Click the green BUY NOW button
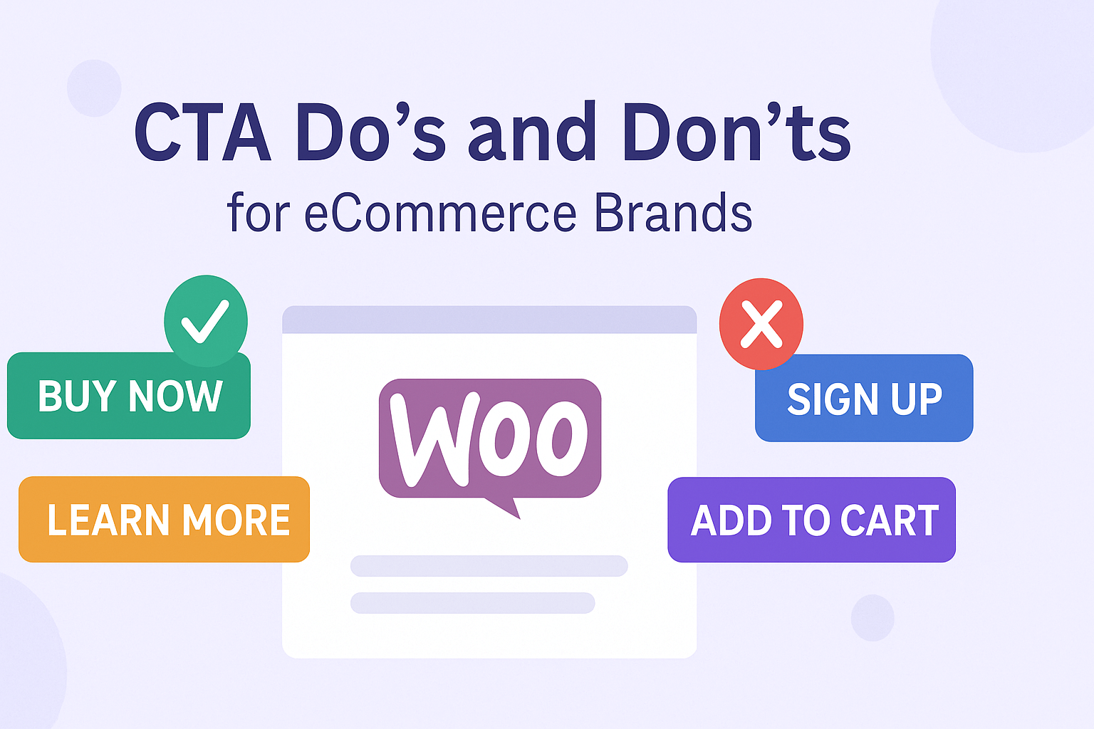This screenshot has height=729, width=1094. click(128, 396)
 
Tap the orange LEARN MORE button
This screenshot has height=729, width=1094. click(164, 520)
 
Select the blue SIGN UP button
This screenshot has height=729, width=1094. click(864, 399)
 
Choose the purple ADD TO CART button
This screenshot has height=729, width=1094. click(811, 520)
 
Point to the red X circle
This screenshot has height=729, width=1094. click(761, 324)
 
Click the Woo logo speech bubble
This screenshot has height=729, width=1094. click(490, 438)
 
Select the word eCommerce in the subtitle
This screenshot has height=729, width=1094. click(440, 214)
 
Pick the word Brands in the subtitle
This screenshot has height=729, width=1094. click(673, 214)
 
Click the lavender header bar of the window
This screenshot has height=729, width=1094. click(489, 320)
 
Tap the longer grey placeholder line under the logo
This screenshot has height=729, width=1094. click(489, 566)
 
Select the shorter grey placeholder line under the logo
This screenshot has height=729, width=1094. click(472, 603)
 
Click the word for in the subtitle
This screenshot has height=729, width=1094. click(259, 214)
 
